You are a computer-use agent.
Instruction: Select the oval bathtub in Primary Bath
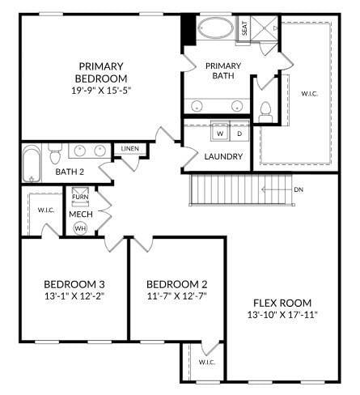pyautogui.click(x=214, y=31)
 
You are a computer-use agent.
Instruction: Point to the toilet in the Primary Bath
pyautogui.click(x=266, y=109)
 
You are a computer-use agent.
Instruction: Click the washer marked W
pyautogui.click(x=219, y=134)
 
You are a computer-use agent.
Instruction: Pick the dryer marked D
pyautogui.click(x=239, y=134)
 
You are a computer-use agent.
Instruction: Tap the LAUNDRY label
pyautogui.click(x=223, y=156)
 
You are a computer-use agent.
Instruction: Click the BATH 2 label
pyautogui.click(x=70, y=172)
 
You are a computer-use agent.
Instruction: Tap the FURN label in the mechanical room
pyautogui.click(x=80, y=197)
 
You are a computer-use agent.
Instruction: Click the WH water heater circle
pyautogui.click(x=80, y=228)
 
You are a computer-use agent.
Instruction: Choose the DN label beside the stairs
pyautogui.click(x=299, y=190)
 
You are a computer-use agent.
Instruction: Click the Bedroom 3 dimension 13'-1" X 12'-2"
pyautogui.click(x=74, y=297)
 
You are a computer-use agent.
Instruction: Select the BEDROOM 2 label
pyautogui.click(x=177, y=284)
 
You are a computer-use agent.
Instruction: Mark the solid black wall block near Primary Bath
pyautogui.click(x=188, y=31)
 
